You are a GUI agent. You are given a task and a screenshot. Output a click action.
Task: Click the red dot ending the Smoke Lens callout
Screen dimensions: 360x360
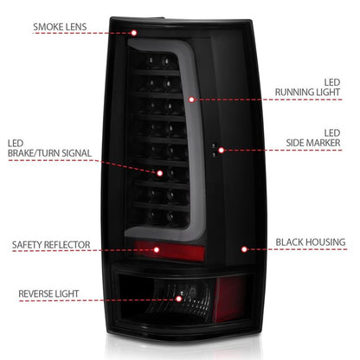point(135,34)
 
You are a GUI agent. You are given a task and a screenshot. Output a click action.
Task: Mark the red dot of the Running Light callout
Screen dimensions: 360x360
point(191,99)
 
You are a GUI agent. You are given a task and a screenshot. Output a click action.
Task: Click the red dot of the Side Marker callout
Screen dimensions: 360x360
point(222,150)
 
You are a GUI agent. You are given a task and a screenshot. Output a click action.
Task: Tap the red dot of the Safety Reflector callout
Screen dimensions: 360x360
point(157,250)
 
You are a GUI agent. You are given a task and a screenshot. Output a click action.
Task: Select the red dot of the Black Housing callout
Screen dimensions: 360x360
point(245,249)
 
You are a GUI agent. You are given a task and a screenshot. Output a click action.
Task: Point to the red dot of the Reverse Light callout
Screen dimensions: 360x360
point(179,299)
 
